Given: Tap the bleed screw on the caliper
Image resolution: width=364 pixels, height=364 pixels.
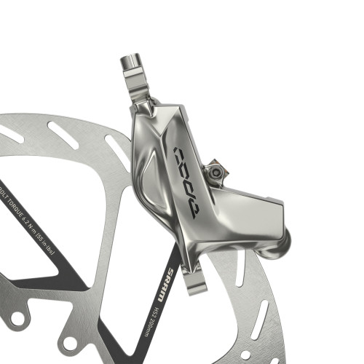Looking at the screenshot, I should coord(215,171).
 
